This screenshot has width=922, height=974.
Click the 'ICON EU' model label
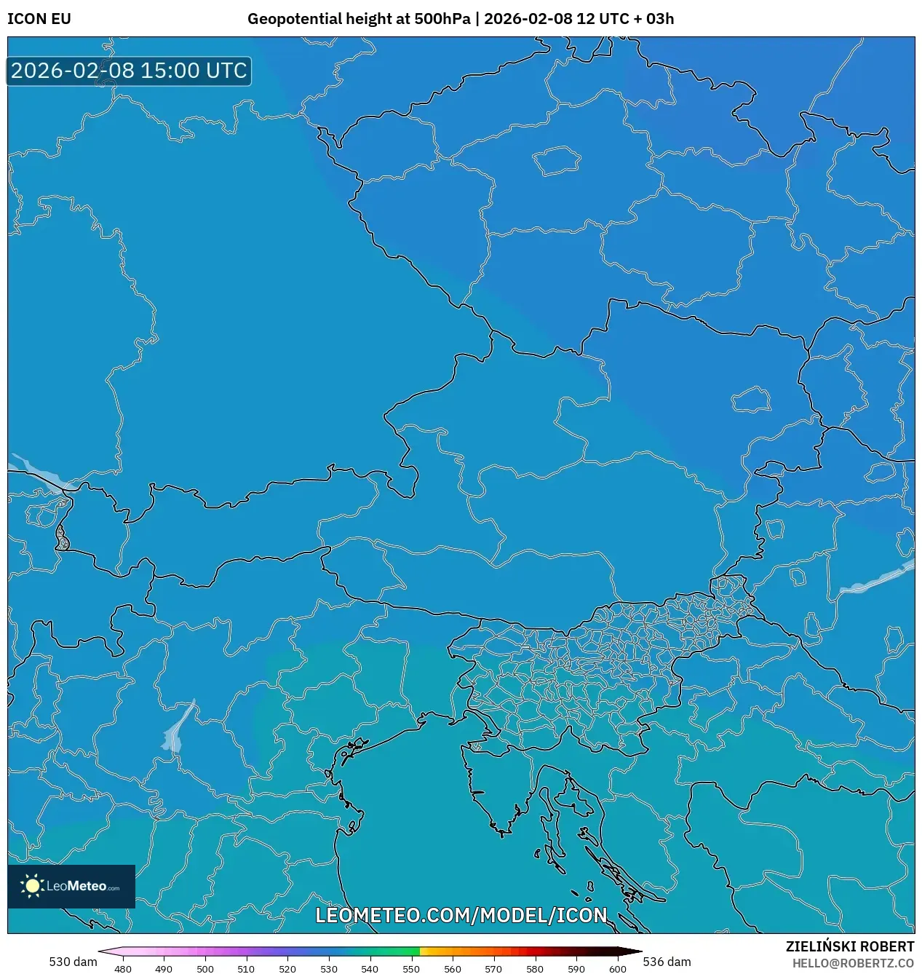pyautogui.click(x=39, y=19)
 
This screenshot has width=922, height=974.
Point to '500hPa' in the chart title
pyautogui.click(x=442, y=19)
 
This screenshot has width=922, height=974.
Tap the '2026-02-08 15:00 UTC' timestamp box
pyautogui.click(x=129, y=71)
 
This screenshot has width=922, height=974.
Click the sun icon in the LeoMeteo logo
pyautogui.click(x=32, y=886)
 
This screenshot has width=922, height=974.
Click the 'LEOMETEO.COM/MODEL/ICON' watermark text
pyautogui.click(x=461, y=915)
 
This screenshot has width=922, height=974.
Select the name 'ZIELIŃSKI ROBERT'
pyautogui.click(x=849, y=946)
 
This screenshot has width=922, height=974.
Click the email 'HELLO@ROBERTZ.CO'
pyautogui.click(x=853, y=963)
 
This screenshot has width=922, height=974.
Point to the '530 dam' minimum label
pyautogui.click(x=73, y=962)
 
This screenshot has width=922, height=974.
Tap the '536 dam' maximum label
pyautogui.click(x=667, y=962)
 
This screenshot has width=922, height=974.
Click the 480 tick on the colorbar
pyautogui.click(x=123, y=968)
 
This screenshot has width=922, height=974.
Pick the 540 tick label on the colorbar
pyautogui.click(x=370, y=968)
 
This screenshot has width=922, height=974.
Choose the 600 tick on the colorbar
pyautogui.click(x=617, y=968)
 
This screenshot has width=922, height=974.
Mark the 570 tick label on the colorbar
pyautogui.click(x=493, y=968)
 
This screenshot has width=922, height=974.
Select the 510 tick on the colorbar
pyautogui.click(x=246, y=968)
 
